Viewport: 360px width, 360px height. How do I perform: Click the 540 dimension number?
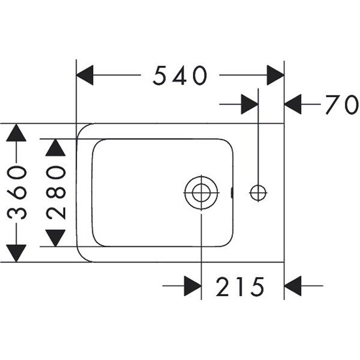point(180,76)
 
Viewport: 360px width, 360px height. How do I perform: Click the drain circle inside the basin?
point(200,192)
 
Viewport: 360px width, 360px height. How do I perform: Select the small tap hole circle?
point(258,192)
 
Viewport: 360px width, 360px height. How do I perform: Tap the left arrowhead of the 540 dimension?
point(86,76)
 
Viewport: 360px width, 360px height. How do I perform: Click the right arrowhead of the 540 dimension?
point(275,76)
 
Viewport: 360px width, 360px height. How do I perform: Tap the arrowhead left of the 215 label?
point(192,286)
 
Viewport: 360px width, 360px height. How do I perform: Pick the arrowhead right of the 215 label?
point(293,286)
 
